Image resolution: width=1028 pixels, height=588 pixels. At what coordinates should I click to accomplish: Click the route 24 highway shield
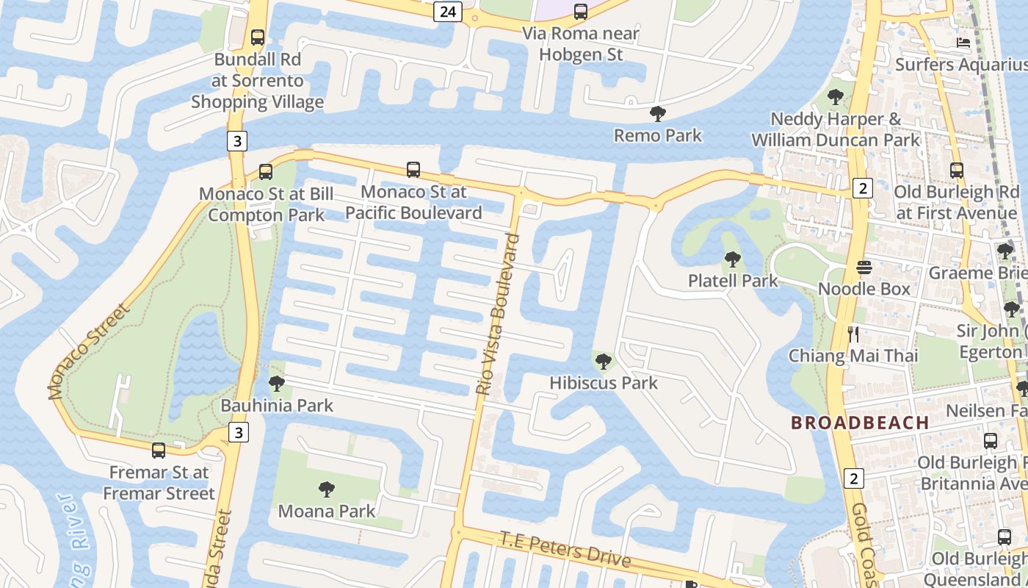click(446, 11)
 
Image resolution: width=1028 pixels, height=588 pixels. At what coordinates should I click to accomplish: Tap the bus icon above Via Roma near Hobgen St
click(580, 11)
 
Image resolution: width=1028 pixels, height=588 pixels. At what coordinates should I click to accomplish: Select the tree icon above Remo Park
click(658, 114)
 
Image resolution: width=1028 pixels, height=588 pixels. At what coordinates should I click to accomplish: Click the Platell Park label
click(732, 280)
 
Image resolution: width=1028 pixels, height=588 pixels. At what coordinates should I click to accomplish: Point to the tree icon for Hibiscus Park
click(603, 361)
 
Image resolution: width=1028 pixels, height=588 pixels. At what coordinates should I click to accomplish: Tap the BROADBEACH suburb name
click(859, 423)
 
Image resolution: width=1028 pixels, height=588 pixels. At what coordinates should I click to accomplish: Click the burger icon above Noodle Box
click(864, 267)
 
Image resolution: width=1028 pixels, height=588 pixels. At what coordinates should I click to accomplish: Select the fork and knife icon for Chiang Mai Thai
click(853, 334)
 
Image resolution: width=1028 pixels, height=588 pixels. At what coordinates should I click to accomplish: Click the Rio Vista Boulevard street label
click(497, 315)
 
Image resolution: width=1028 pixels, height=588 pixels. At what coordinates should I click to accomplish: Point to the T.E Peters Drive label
click(565, 549)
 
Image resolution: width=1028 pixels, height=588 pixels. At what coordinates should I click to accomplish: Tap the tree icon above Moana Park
click(327, 489)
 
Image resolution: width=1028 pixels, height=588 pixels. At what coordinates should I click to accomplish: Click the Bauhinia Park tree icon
click(277, 383)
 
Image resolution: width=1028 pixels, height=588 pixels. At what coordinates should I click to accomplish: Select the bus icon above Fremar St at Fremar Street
click(159, 450)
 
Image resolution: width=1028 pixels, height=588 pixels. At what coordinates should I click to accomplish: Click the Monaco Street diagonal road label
click(89, 351)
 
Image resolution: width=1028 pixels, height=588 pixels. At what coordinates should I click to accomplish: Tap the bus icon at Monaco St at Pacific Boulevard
click(413, 170)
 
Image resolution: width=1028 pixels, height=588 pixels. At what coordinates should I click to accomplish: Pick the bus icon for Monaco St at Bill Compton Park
click(266, 172)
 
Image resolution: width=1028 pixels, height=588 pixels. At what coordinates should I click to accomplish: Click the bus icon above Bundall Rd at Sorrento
click(257, 37)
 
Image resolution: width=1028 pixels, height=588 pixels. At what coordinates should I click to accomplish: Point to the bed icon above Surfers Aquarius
click(963, 43)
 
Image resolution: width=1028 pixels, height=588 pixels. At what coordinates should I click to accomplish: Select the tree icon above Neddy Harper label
click(835, 96)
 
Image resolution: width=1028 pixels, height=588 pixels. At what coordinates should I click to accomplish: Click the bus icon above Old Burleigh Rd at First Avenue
click(956, 171)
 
